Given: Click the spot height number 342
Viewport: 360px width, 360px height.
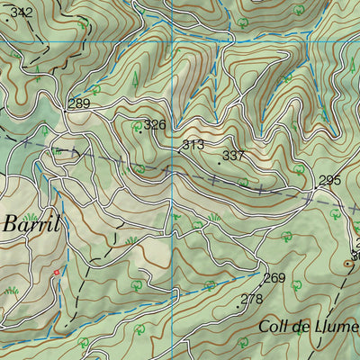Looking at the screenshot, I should pyautogui.click(x=22, y=13).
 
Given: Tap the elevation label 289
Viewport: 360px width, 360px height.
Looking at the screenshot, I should pyautogui.click(x=79, y=104).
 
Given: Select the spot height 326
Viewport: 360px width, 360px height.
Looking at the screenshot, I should pyautogui.click(x=156, y=124).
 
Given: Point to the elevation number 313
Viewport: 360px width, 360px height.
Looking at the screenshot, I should pyautogui.click(x=193, y=144).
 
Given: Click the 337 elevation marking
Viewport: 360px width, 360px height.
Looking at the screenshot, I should pyautogui.click(x=234, y=156).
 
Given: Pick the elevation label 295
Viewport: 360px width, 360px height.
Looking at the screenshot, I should pyautogui.click(x=329, y=181).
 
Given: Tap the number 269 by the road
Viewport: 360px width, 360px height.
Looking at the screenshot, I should pyautogui.click(x=274, y=278).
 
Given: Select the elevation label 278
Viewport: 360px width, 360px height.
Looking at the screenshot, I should pyautogui.click(x=253, y=299).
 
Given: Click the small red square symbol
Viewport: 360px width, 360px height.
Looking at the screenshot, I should pyautogui.click(x=56, y=272).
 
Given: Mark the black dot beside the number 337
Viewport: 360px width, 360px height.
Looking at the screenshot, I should pyautogui.click(x=219, y=163).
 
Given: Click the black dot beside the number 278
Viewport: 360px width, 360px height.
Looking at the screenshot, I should pyautogui.click(x=238, y=307).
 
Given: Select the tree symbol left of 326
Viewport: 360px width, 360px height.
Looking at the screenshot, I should pyautogui.click(x=137, y=128).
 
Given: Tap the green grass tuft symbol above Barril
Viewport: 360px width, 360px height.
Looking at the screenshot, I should pyautogui.click(x=30, y=216).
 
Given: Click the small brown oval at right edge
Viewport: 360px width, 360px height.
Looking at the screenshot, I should pyautogui.click(x=348, y=264).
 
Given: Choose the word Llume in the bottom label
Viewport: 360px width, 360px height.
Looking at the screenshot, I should pyautogui.click(x=337, y=325).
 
